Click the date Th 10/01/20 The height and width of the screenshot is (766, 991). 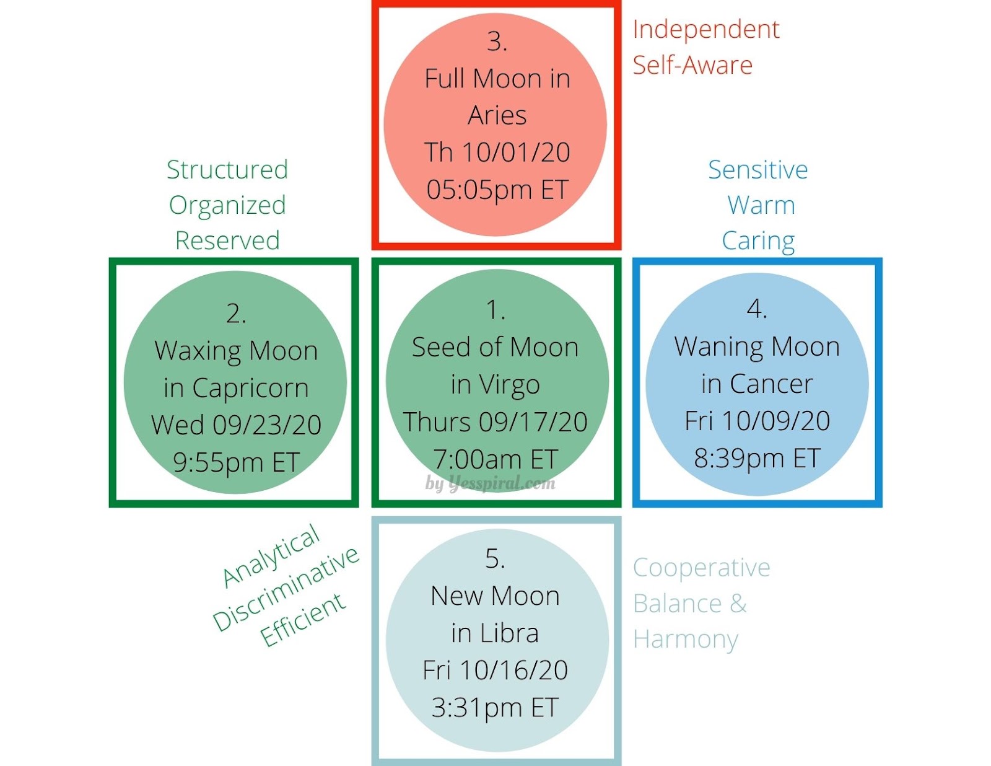[497, 152]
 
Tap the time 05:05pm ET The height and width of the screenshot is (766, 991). [497, 190]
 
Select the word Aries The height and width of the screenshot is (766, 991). [497, 116]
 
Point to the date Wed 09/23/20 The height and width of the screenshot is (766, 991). [236, 425]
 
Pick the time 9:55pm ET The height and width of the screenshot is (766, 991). [236, 462]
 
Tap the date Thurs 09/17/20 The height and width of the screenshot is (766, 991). [495, 423]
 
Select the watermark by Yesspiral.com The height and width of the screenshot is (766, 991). [491, 483]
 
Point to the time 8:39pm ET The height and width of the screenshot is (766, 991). [757, 459]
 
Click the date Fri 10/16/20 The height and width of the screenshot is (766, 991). [495, 670]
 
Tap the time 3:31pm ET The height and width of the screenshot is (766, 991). [495, 707]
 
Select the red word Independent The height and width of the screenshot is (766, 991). [705, 30]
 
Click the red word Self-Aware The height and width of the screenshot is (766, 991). [692, 65]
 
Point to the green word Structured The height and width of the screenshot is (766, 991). [227, 170]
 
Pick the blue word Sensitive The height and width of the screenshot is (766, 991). [758, 170]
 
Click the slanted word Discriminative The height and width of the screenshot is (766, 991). [286, 589]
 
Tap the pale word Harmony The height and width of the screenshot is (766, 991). [686, 640]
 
